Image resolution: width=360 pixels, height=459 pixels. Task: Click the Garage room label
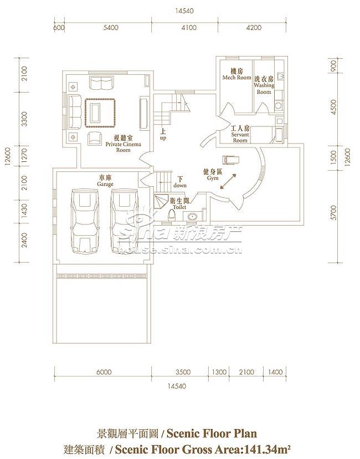point(105,181)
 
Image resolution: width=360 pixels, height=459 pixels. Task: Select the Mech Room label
point(236,74)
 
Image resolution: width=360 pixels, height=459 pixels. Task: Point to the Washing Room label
point(264,85)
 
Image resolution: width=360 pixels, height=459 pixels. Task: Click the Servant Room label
point(240,134)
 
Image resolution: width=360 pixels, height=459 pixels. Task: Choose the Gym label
point(213,175)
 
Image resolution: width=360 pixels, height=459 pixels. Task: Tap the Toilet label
point(179,204)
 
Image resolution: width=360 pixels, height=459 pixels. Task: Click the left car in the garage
point(86,222)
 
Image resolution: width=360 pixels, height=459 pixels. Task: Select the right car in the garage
point(125,222)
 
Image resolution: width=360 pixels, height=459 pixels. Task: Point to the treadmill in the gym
point(231,160)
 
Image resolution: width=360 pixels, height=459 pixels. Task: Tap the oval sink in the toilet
point(192,217)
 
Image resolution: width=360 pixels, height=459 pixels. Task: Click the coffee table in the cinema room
point(100,113)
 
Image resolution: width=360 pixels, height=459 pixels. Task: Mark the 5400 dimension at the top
point(111,28)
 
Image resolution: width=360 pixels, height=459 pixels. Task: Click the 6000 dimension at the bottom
point(104,372)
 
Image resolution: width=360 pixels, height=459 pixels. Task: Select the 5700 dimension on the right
point(333,212)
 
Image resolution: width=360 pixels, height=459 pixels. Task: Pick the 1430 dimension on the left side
point(24,211)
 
